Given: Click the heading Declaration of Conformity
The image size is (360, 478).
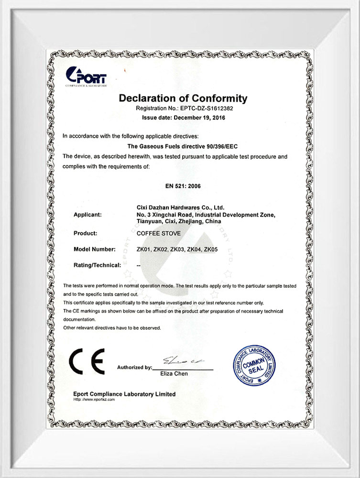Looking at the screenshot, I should (x=183, y=98).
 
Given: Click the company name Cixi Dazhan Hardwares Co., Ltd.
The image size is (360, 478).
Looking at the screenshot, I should (x=180, y=207).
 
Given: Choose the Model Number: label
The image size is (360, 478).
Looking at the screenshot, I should (x=95, y=250).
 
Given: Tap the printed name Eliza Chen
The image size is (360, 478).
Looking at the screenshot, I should (x=174, y=374).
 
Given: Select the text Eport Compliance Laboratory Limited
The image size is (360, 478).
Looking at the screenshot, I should (x=124, y=394).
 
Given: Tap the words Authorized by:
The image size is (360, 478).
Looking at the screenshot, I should (x=134, y=368).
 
